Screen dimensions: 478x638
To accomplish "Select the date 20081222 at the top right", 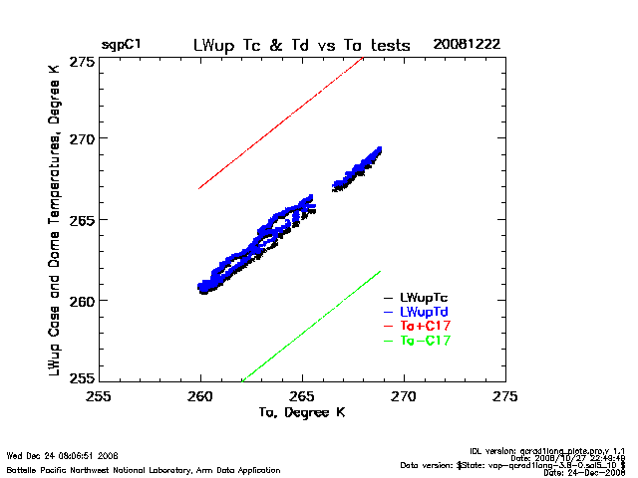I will pos(468,46).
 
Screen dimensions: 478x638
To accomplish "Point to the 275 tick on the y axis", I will pos(83,62).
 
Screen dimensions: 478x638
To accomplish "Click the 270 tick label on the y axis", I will pos(83,138).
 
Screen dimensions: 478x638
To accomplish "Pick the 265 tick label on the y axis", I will pos(83,219).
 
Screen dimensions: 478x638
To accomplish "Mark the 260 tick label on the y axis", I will pos(83,300).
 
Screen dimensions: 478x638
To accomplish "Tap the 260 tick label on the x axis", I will pos(200,396).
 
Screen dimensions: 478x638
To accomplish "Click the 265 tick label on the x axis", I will pos(302,396).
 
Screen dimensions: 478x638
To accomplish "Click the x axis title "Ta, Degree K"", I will pos(301,412).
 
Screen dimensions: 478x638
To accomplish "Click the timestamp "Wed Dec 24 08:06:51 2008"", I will pos(63,455).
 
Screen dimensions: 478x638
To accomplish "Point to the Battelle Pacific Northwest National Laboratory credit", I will pos(144,469).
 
